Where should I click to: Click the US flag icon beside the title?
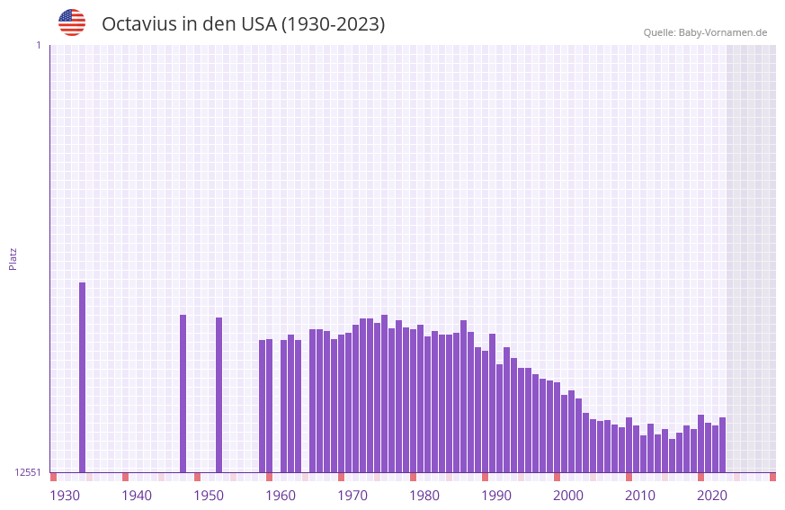pos(72,22)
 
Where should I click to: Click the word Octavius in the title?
pos(138,24)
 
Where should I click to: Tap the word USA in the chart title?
pos(259,24)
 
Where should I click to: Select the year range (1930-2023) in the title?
pos(333,24)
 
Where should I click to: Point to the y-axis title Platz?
pos(13,258)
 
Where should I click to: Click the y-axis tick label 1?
pos(38,45)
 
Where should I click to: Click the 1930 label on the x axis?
pos(65,495)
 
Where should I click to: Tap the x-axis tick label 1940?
pos(137,495)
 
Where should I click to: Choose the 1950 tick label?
pos(209,495)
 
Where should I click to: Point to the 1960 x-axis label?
pos(281,495)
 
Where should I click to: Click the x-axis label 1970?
pos(352,495)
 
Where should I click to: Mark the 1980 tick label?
pos(424,495)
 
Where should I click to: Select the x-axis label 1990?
pos(496,495)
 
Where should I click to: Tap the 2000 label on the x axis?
pos(568,495)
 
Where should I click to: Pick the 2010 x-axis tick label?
pos(640,495)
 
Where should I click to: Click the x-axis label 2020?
pos(712,495)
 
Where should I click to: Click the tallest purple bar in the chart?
pos(82,378)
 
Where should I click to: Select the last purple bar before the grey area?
pos(722,445)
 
